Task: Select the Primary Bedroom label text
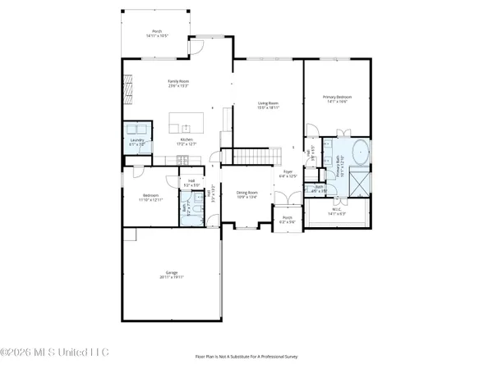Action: (x=336, y=98)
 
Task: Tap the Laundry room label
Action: (x=136, y=142)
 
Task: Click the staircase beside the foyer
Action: (x=246, y=156)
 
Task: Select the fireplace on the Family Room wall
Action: (x=127, y=84)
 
